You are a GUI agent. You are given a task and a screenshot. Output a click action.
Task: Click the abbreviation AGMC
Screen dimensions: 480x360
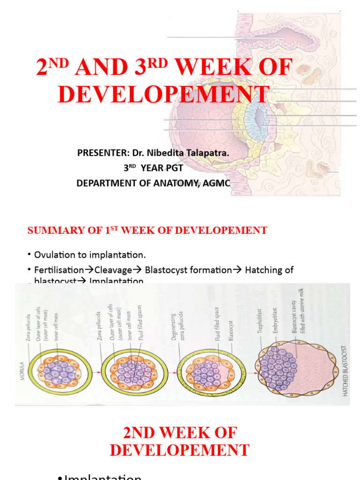click(x=217, y=183)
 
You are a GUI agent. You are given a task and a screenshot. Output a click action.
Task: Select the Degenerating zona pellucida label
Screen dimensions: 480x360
click(x=177, y=328)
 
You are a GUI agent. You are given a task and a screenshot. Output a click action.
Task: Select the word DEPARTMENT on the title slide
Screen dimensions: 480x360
click(x=110, y=183)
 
